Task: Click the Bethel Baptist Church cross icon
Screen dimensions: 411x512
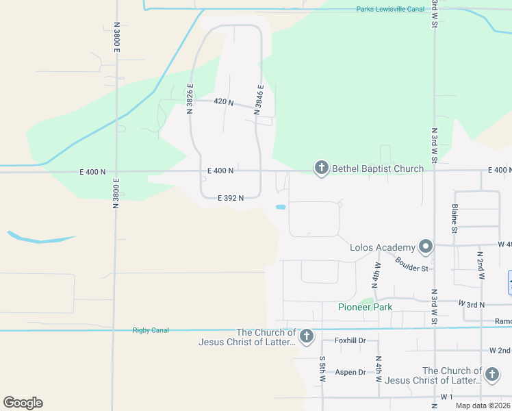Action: [320, 168]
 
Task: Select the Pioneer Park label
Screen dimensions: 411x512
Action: [365, 307]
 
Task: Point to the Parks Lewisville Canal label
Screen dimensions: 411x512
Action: [386, 9]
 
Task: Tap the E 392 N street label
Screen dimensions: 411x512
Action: [231, 198]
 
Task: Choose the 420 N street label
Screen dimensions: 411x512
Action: [223, 102]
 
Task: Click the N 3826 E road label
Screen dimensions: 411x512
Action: [190, 97]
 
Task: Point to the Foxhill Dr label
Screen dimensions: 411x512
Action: [350, 340]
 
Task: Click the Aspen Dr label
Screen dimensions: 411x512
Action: [350, 372]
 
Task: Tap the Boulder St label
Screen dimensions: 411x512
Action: [411, 264]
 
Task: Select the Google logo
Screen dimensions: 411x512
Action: [23, 403]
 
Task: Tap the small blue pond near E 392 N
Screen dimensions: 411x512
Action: [281, 207]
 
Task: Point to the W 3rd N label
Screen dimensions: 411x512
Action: [471, 303]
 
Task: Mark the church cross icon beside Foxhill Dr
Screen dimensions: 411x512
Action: [306, 336]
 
